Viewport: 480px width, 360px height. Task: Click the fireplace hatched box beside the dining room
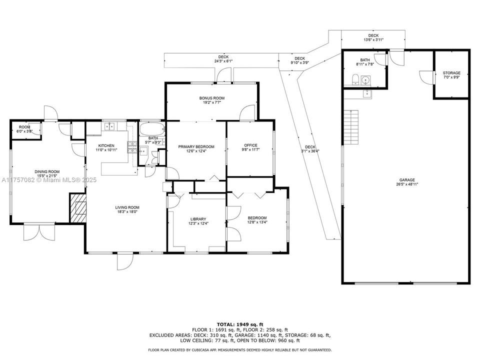77,208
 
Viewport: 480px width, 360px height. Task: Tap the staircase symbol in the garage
352,127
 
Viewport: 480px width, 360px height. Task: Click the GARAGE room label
406,180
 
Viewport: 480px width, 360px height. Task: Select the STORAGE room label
451,73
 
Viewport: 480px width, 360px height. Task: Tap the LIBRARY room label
198,219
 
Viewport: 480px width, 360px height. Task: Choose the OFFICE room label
250,145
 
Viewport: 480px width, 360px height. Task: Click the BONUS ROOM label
212,98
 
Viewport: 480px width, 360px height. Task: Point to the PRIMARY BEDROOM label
196,146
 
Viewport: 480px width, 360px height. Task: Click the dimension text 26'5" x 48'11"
406,184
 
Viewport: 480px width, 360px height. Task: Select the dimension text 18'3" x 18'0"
127,211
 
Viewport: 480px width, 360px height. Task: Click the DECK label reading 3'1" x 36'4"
310,148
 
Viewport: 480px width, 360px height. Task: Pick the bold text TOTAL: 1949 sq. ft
239,324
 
